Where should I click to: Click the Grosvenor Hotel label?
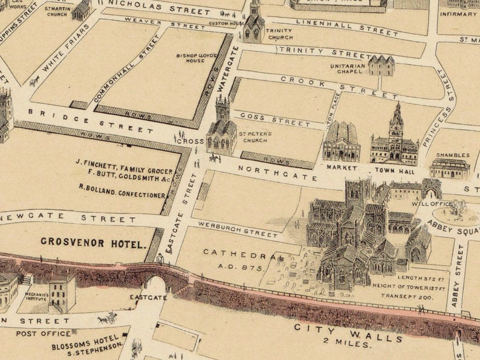click(x=93, y=243)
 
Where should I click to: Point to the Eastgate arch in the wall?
click(x=157, y=284)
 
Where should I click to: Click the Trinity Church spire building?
click(x=254, y=23)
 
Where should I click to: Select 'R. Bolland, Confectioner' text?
click(x=122, y=195)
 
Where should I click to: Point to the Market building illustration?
click(x=341, y=142)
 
